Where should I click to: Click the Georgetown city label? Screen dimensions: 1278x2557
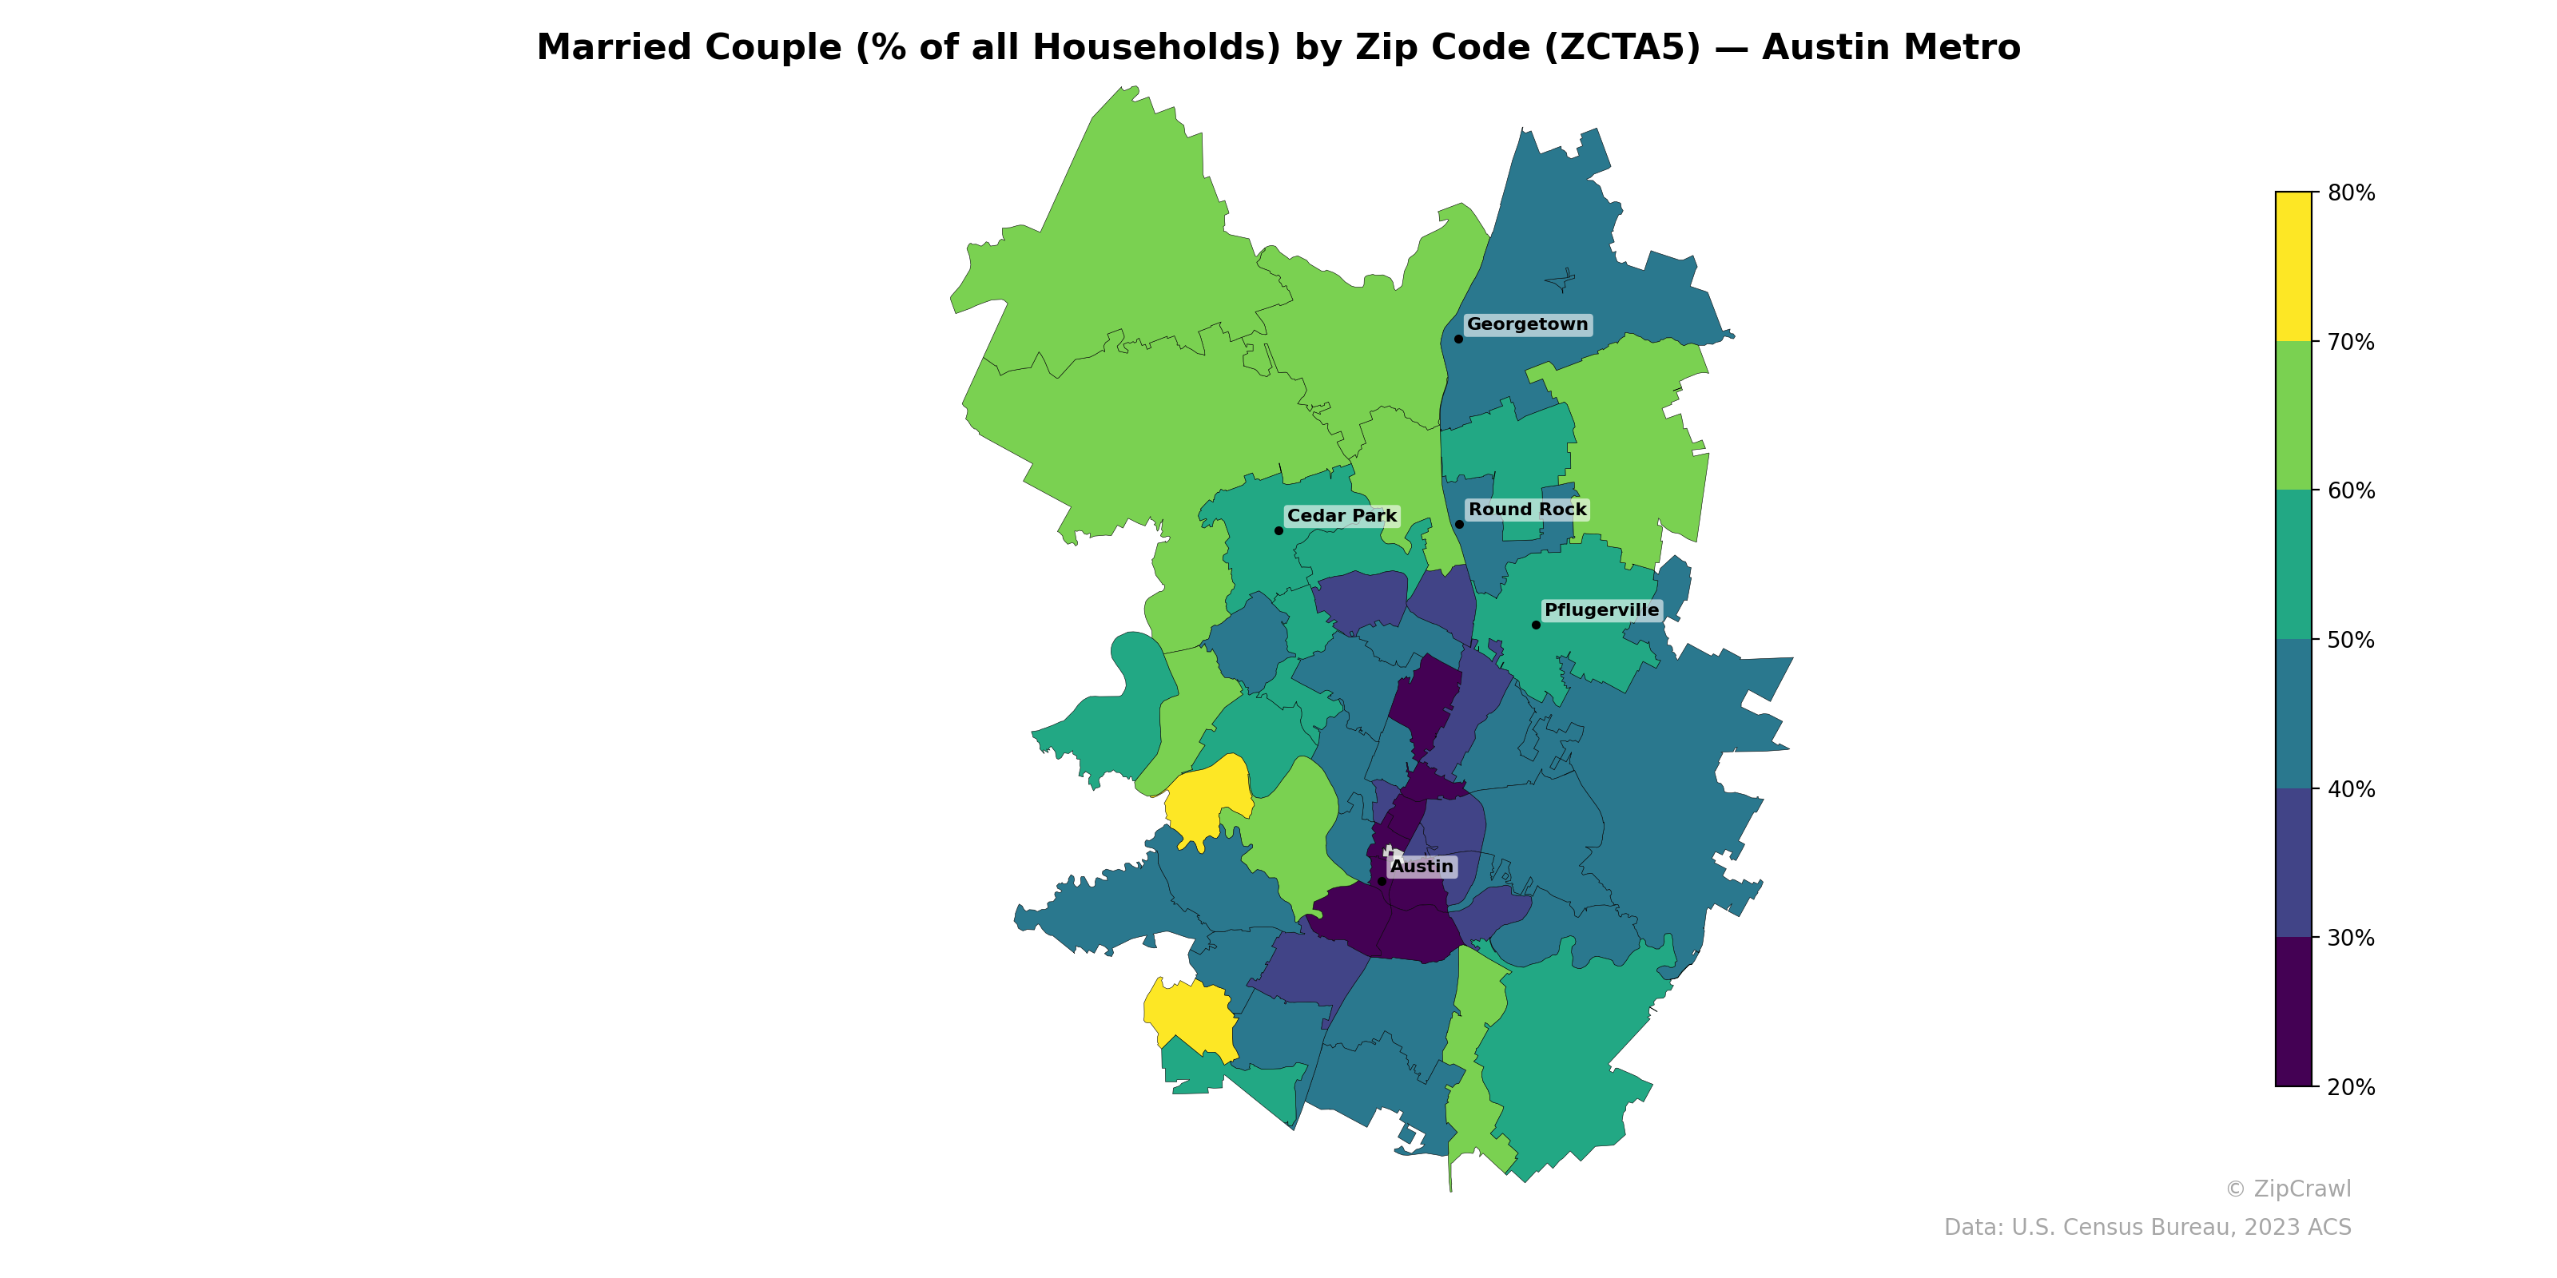pyautogui.click(x=1527, y=324)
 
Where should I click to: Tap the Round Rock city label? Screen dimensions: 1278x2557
pyautogui.click(x=1527, y=510)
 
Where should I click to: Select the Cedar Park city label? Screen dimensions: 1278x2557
pyautogui.click(x=1341, y=516)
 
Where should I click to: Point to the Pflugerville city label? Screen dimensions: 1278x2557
pyautogui.click(x=1601, y=610)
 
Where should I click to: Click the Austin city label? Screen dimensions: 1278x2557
pyautogui.click(x=1422, y=866)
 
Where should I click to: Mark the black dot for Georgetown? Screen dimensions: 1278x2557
pyautogui.click(x=1458, y=339)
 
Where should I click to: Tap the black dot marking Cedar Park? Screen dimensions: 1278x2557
pyautogui.click(x=1278, y=531)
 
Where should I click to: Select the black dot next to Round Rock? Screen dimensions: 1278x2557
pyautogui.click(x=1459, y=524)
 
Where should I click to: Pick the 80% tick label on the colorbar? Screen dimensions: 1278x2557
pyautogui.click(x=2351, y=193)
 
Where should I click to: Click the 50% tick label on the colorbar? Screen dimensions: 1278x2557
pyautogui.click(x=2351, y=640)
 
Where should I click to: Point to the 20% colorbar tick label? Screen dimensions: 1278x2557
pyautogui.click(x=2351, y=1087)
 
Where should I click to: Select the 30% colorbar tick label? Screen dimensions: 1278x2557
pyautogui.click(x=2351, y=939)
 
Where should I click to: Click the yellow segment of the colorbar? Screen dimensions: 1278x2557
pyautogui.click(x=2293, y=266)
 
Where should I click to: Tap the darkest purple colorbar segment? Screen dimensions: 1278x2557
pyautogui.click(x=2293, y=1012)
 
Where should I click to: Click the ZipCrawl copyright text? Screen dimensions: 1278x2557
pyautogui.click(x=2287, y=1189)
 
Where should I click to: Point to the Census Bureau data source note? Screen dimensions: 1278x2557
pyautogui.click(x=2147, y=1228)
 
